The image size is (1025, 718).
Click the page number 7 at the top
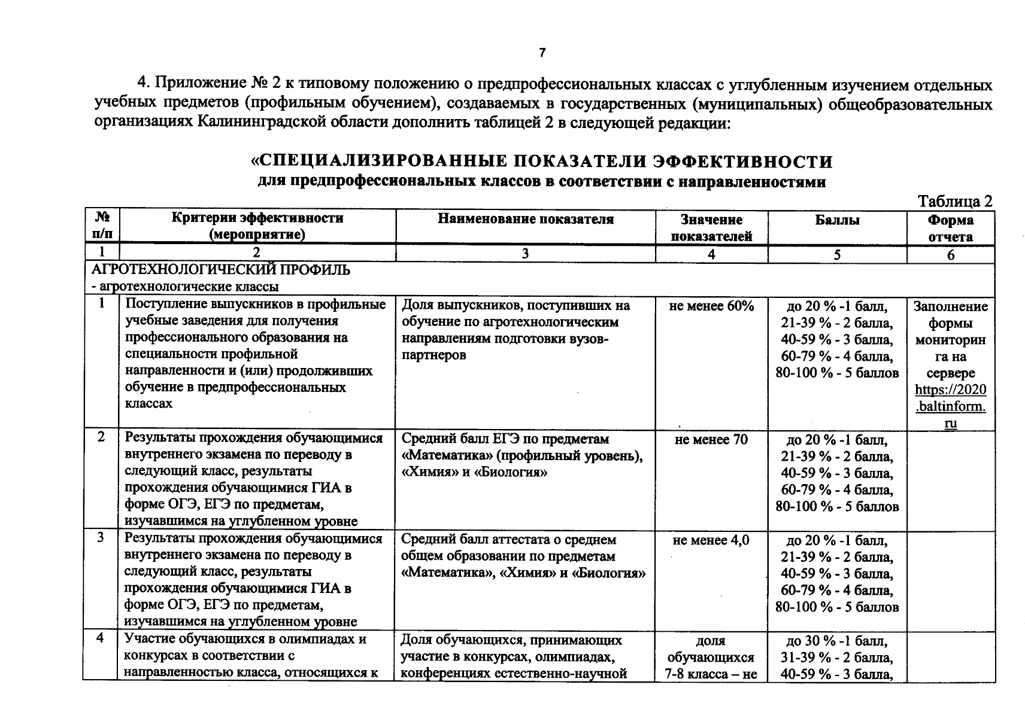[542, 53]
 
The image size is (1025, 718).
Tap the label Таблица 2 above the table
[955, 201]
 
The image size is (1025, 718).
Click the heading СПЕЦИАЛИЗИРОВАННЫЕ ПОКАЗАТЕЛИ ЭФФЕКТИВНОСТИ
[541, 162]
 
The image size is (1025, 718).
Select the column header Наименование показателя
[525, 220]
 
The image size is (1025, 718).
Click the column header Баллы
[837, 220]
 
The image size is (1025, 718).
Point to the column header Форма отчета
[950, 228]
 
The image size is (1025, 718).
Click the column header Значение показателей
[711, 228]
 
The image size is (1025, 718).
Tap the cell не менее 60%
[711, 306]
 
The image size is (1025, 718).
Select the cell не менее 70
[711, 440]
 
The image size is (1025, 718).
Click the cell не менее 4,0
[711, 540]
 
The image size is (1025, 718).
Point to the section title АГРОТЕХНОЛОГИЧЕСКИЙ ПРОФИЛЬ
[221, 270]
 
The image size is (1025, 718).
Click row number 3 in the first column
[101, 538]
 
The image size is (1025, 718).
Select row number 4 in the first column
[101, 638]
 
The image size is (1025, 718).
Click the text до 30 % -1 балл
[837, 641]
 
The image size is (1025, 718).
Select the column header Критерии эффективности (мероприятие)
[257, 226]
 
